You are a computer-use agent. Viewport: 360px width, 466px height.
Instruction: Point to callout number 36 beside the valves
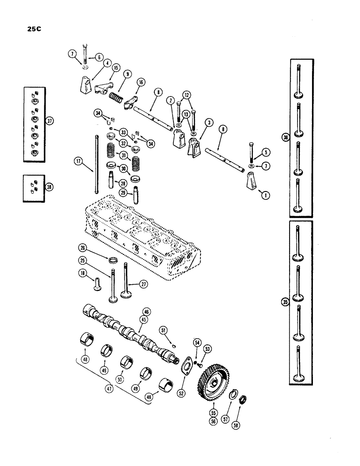coord(285,137)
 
